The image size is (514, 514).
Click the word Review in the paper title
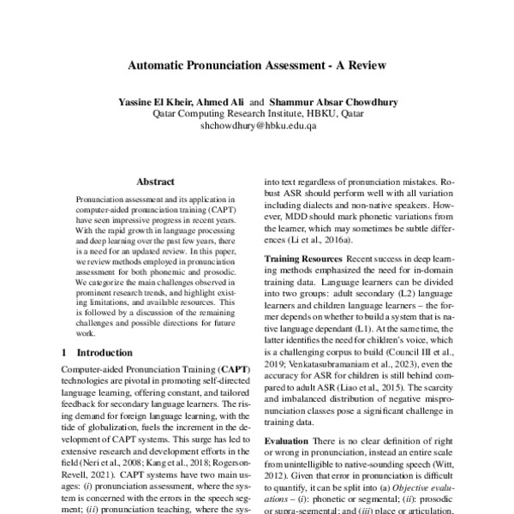tap(364, 65)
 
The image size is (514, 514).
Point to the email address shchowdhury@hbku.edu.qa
tap(258, 125)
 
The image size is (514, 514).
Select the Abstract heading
tap(155, 182)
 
